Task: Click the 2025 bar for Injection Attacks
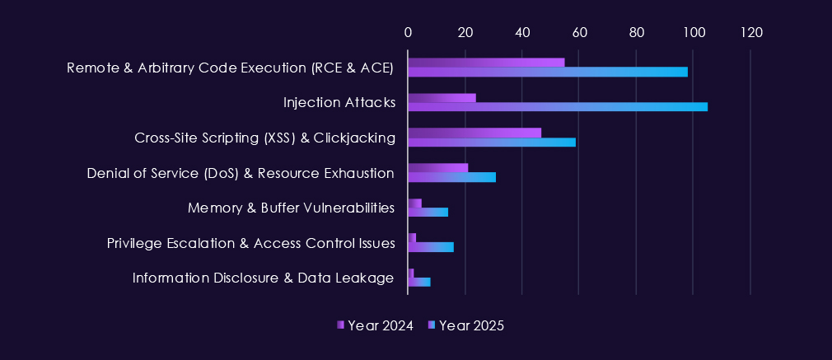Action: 558,106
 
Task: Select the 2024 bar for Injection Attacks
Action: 442,98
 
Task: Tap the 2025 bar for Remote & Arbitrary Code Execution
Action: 548,72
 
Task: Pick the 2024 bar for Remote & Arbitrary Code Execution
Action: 486,63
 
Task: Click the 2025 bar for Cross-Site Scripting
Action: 492,142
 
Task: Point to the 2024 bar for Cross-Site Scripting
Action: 474,133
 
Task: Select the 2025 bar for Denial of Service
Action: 451,176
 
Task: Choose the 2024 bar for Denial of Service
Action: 437,168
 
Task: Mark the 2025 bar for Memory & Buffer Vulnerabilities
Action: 428,212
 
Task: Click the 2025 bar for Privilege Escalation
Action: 431,247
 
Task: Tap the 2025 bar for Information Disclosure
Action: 419,282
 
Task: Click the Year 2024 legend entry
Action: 375,325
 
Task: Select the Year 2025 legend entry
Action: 466,325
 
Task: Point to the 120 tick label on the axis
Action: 750,32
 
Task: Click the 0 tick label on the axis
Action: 408,32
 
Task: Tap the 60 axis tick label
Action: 579,32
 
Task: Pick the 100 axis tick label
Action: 694,32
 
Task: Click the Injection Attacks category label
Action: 339,103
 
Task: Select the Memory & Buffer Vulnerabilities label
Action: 291,208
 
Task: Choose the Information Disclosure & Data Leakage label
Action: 264,278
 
